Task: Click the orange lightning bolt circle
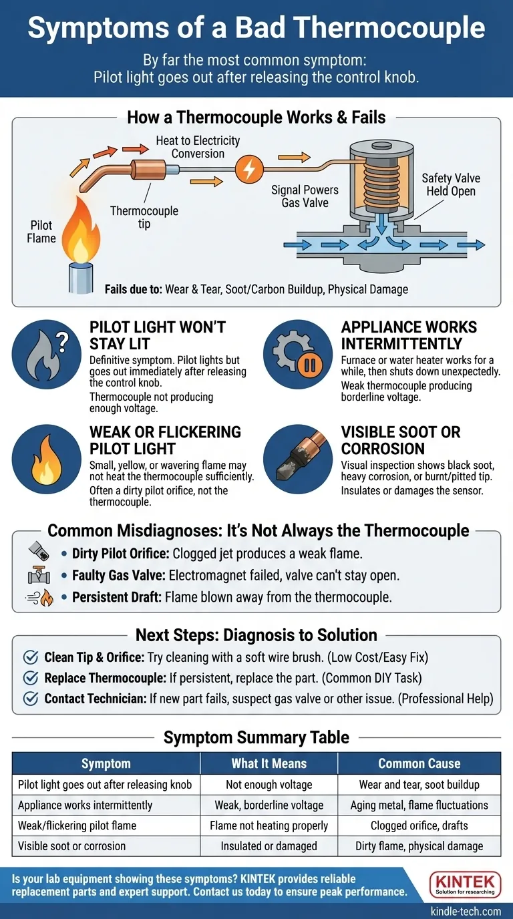[x=248, y=169]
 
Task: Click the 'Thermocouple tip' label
[x=144, y=217]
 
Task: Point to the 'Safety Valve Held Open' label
[x=450, y=185]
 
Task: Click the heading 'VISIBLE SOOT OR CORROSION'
[x=400, y=440]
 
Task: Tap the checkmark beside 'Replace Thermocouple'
[x=30, y=678]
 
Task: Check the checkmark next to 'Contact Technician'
[x=30, y=699]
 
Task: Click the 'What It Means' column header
[x=269, y=763]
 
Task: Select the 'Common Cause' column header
[x=419, y=763]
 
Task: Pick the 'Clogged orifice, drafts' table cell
[x=419, y=825]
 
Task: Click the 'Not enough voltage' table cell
[x=269, y=785]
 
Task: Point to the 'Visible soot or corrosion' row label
[x=71, y=846]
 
